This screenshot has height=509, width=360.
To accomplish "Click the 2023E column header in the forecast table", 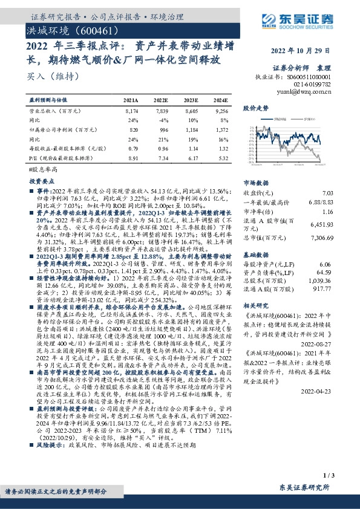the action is point(191,100).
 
